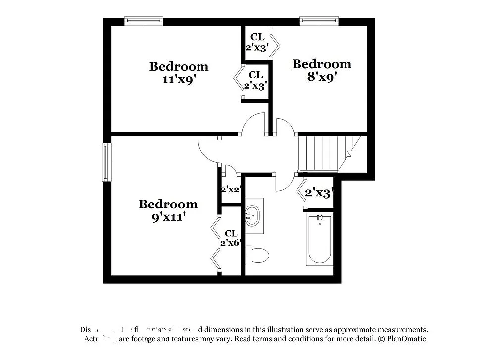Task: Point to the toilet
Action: point(257,256)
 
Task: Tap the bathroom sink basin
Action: point(253,216)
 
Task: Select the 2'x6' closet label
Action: point(231,243)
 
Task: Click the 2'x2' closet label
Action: point(231,189)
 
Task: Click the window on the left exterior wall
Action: point(106,162)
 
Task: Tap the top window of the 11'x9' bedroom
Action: point(144,21)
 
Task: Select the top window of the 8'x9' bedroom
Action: point(319,21)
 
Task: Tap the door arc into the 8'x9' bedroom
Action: point(286,125)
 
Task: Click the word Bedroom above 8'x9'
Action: point(322,64)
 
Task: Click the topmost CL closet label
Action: point(257,37)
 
